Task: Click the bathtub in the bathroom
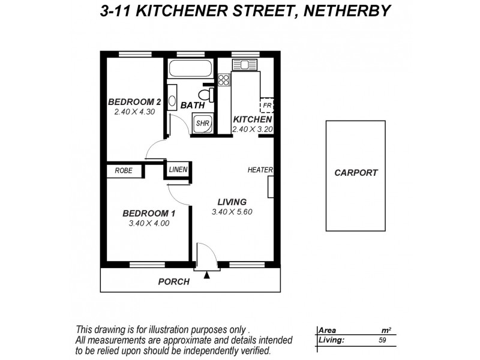pos(189,68)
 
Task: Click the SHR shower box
pos(202,123)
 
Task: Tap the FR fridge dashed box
pos(266,106)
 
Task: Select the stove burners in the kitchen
pos(224,79)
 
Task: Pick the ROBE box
pos(124,171)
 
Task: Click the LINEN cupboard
pos(178,170)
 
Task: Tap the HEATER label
pos(260,170)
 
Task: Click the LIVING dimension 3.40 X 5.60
pos(229,212)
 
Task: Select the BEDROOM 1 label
pos(149,213)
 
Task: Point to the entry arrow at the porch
pos(207,275)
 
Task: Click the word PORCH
pos(173,281)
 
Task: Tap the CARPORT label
pos(356,173)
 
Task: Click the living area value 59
pos(382,340)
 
